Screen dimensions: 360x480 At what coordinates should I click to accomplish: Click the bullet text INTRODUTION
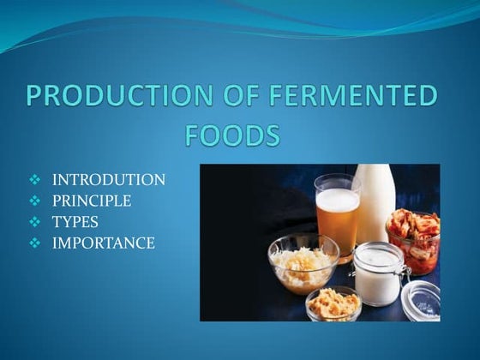click(109, 180)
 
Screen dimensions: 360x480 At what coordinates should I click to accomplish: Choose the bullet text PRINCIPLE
click(93, 201)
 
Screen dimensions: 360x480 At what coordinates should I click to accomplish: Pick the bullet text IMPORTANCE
click(104, 243)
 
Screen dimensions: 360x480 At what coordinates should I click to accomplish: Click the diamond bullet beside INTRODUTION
click(35, 180)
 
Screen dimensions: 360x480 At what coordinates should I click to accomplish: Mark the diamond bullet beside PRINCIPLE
click(35, 201)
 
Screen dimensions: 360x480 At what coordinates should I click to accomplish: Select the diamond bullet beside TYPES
click(35, 222)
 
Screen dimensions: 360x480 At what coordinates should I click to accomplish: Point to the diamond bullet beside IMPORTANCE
click(35, 243)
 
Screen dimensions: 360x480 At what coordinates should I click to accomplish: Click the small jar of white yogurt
click(377, 274)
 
